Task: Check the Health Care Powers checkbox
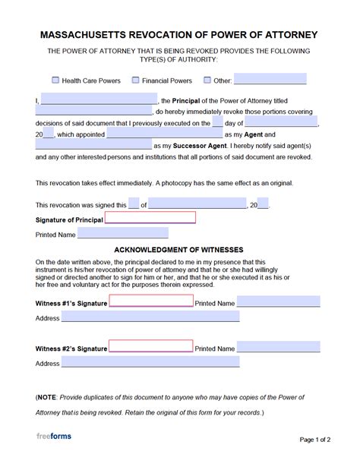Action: point(55,80)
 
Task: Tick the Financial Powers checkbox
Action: point(135,80)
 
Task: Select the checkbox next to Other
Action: point(205,80)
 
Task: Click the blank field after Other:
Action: point(270,79)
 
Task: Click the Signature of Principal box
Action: point(150,219)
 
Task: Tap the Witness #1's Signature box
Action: point(150,302)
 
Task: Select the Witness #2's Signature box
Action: point(150,347)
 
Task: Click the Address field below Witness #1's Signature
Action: point(150,317)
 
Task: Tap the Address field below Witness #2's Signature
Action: point(150,363)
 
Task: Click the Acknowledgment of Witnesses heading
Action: point(179,249)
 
